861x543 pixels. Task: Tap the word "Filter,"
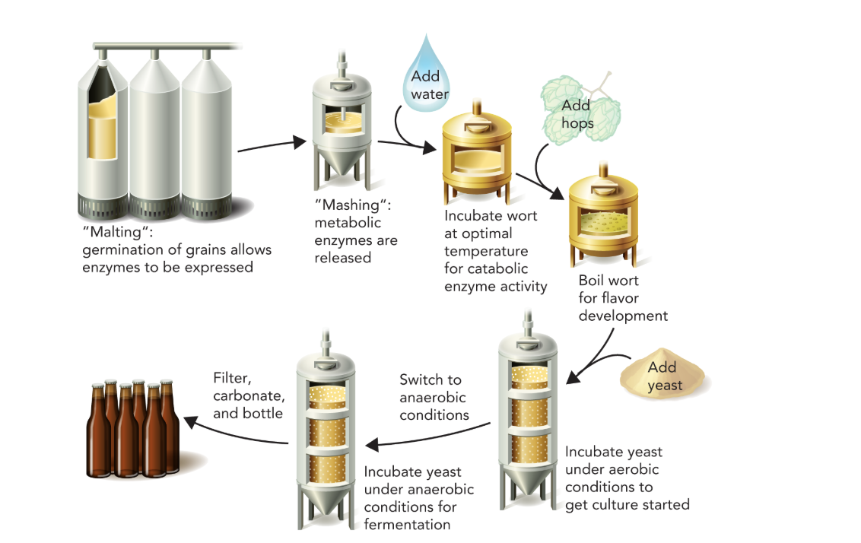tap(231, 378)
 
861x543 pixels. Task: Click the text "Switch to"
tap(430, 379)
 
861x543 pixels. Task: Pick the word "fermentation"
tap(407, 524)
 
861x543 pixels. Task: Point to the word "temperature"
tap(486, 250)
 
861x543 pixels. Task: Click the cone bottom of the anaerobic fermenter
tap(326, 506)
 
